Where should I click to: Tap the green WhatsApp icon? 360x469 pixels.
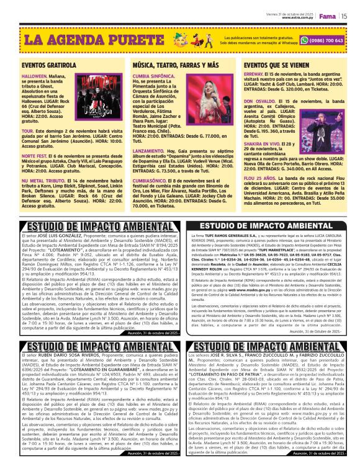click(x=304, y=41)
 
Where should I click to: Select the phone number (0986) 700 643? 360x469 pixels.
click(x=326, y=41)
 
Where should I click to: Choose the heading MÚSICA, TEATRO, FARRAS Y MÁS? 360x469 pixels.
click(x=167, y=65)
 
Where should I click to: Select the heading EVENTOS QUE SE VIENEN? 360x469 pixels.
click(x=281, y=65)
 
